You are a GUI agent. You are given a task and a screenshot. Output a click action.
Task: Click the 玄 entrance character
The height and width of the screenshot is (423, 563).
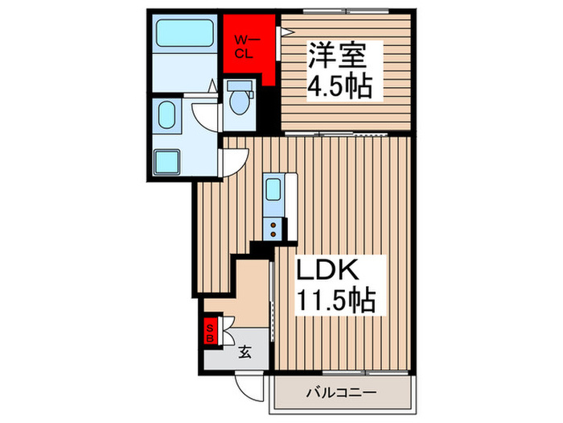(x=245, y=350)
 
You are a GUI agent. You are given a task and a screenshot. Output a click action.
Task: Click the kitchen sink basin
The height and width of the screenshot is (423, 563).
(x=273, y=191)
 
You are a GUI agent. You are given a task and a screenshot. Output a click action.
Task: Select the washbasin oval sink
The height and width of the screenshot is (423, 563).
(x=168, y=116)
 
